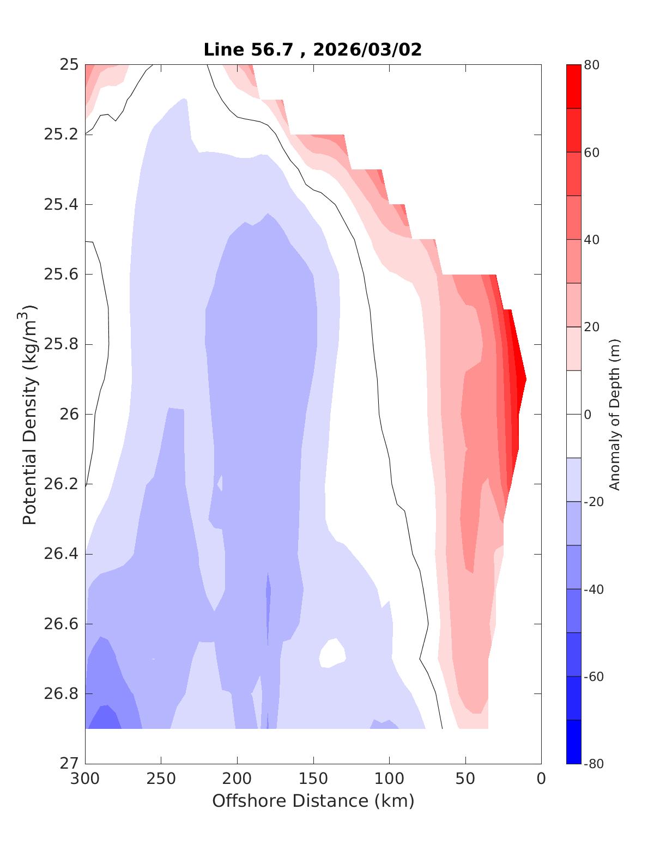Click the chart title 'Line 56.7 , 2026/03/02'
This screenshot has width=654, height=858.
click(312, 50)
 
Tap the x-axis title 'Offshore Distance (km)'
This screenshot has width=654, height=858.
click(313, 801)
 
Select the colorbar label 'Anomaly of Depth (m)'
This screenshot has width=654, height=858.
click(614, 415)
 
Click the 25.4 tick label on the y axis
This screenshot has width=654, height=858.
click(60, 205)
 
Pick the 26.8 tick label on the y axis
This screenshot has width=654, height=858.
click(60, 694)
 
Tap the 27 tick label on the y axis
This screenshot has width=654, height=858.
click(69, 764)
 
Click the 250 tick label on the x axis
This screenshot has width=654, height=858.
click(161, 779)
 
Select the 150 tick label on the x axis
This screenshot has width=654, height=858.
click(313, 779)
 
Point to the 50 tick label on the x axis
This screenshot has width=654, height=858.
click(465, 779)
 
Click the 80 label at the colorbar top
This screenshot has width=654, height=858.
click(591, 65)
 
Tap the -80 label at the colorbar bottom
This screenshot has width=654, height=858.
click(594, 764)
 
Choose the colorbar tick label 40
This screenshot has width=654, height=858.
click(591, 240)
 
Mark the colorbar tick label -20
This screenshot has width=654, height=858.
click(594, 502)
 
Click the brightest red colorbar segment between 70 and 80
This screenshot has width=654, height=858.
click(573, 87)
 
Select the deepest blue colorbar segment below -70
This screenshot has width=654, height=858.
click(573, 742)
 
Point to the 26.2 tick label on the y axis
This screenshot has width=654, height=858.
click(60, 484)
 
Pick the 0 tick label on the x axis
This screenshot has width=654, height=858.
click(541, 779)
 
